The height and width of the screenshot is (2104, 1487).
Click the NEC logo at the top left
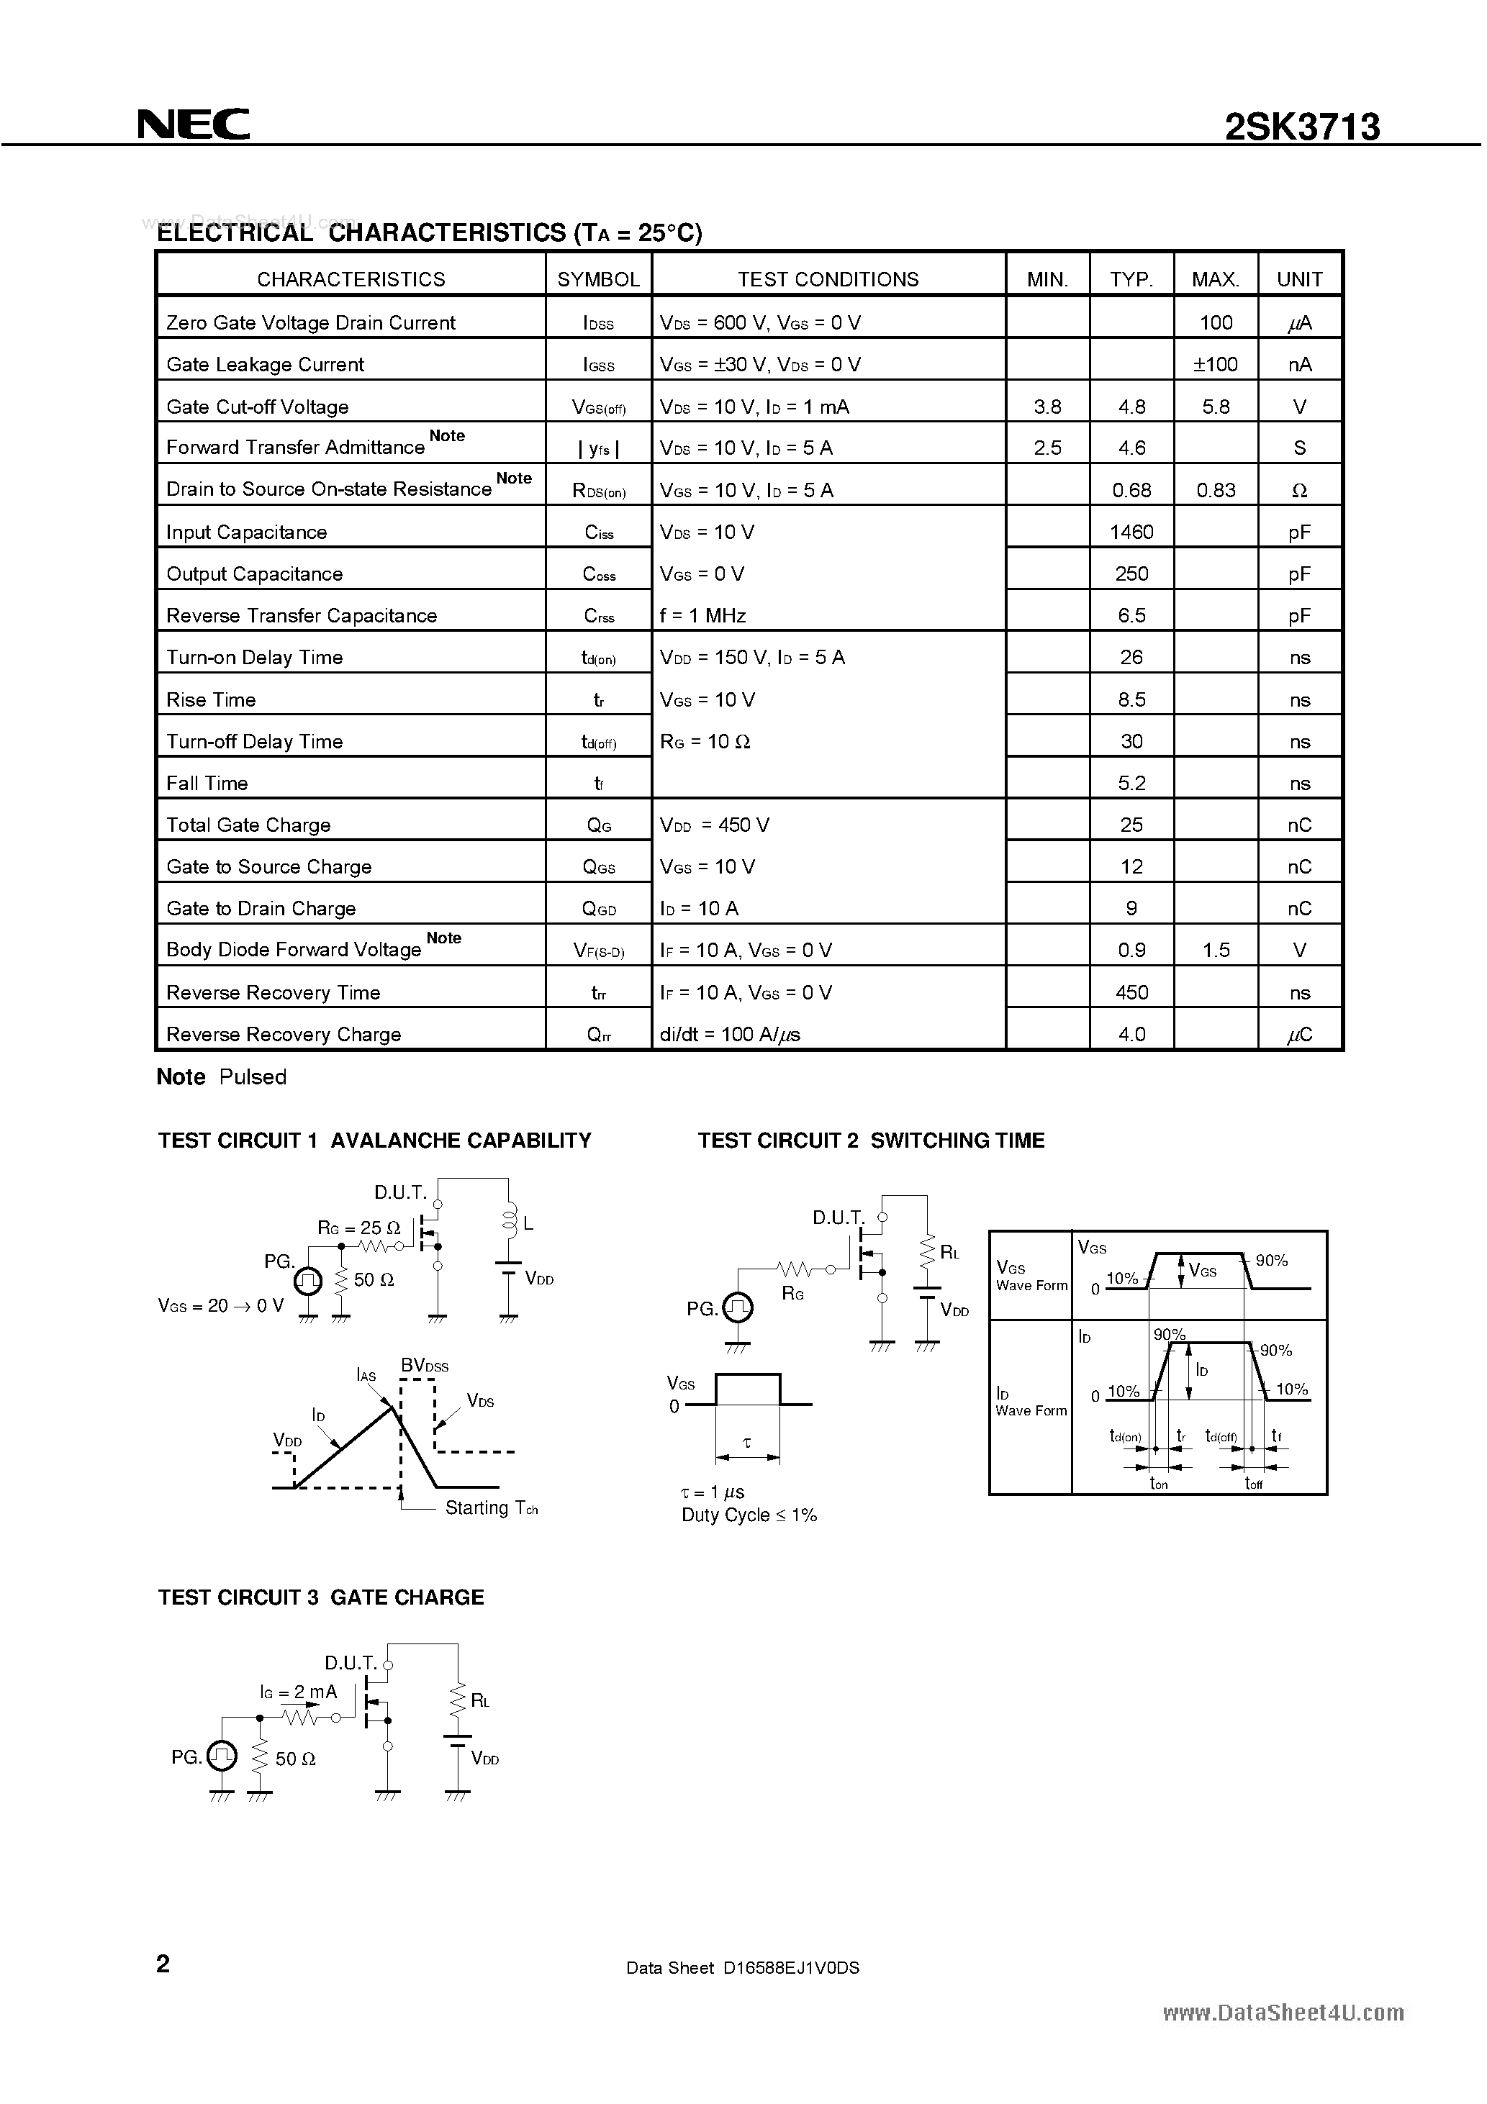coord(194,124)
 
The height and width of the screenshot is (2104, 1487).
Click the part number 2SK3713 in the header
coord(1302,127)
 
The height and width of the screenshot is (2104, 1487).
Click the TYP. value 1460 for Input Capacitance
coord(1131,532)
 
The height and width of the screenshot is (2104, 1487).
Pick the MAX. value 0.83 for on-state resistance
coord(1216,490)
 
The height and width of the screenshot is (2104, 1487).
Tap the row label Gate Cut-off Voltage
coord(258,407)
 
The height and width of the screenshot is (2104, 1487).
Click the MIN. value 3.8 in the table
coord(1047,407)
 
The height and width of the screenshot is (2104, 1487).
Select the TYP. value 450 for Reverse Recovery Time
coord(1131,992)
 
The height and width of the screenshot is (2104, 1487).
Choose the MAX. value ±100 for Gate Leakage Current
coord(1215,365)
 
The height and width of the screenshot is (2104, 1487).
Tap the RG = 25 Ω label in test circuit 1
coord(358,1227)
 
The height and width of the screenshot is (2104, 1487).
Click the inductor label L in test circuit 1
coord(528,1223)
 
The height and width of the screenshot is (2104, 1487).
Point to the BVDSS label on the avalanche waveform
coord(425,1366)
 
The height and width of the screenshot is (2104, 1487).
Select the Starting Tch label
coord(490,1507)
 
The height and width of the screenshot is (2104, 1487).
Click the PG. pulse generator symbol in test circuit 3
coord(222,1756)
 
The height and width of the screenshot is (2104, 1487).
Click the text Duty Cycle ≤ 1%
coord(749,1515)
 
